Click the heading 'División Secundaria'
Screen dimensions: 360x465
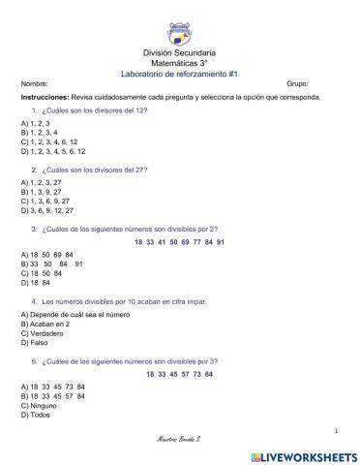pos(179,51)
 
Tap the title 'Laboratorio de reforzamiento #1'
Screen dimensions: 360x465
pos(179,74)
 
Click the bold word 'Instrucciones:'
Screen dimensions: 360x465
pos(44,98)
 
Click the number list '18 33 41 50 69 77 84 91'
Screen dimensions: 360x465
pos(179,240)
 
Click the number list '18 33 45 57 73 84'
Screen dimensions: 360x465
pos(179,373)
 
